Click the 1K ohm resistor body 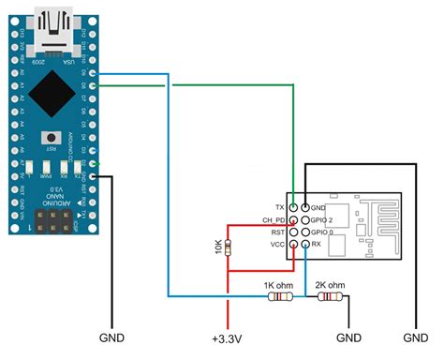point(280,297)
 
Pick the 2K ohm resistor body point(328,297)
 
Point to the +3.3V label point(225,337)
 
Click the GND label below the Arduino point(112,337)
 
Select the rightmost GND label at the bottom point(414,337)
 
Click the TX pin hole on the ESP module point(294,206)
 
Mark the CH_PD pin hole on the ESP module point(294,219)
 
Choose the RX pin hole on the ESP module point(306,245)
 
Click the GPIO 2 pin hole point(306,219)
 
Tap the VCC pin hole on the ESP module point(294,245)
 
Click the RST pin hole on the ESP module point(294,232)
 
